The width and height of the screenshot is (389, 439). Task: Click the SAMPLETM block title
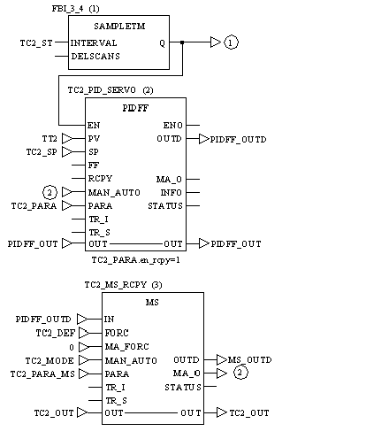coord(119,27)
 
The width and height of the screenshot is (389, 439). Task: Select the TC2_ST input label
coord(36,43)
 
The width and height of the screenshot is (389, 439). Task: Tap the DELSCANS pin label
coord(95,56)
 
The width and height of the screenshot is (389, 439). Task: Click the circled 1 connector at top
coord(231,42)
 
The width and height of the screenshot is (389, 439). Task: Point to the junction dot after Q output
coord(182,42)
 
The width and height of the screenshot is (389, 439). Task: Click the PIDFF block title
coord(135,108)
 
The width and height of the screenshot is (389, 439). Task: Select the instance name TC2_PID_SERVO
coord(102,90)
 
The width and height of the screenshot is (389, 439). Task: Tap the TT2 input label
coord(50,138)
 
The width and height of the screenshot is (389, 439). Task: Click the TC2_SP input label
coord(42,152)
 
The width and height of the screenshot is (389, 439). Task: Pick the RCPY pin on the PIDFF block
coord(100,179)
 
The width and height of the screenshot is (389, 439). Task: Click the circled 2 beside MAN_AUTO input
coord(50,192)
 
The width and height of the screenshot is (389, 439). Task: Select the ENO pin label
coord(173,126)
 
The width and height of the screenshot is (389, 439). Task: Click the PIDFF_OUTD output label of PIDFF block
coord(238,139)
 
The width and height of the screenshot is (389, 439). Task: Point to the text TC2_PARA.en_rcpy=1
coord(135,260)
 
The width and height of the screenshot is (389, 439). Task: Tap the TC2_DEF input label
coord(56,333)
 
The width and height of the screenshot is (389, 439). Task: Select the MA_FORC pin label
coord(127,346)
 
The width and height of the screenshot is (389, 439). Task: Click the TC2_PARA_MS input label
coord(42,374)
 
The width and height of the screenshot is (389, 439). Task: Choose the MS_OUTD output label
coord(250,360)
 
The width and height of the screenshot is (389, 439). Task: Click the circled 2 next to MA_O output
coord(240,373)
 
